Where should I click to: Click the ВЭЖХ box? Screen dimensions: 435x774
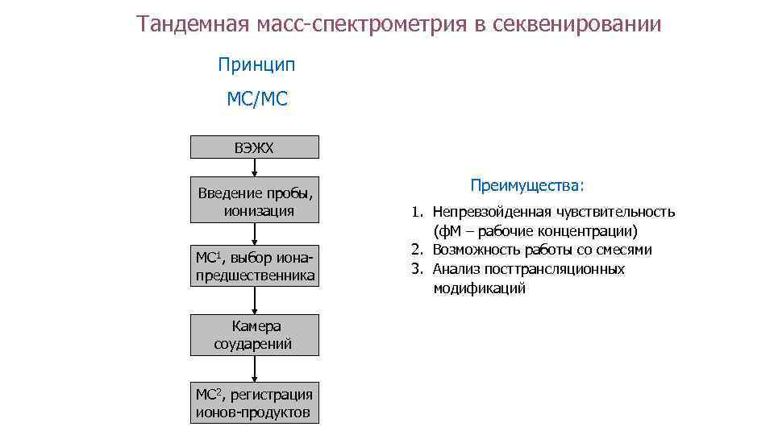pos(254,147)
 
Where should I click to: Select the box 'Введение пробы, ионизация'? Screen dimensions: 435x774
pos(254,201)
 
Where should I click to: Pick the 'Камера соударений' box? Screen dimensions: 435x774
pos(254,335)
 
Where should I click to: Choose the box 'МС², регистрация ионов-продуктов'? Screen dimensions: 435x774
pos(254,403)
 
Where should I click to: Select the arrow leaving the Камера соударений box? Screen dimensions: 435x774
pos(255,369)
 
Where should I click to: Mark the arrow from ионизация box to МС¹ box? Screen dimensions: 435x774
pos(255,234)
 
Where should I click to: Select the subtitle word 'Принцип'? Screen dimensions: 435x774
pos(256,64)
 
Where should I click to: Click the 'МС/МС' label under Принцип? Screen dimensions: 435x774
pos(256,100)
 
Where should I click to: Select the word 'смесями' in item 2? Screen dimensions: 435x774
pos(626,250)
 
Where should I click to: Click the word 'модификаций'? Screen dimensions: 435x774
pos(479,288)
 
